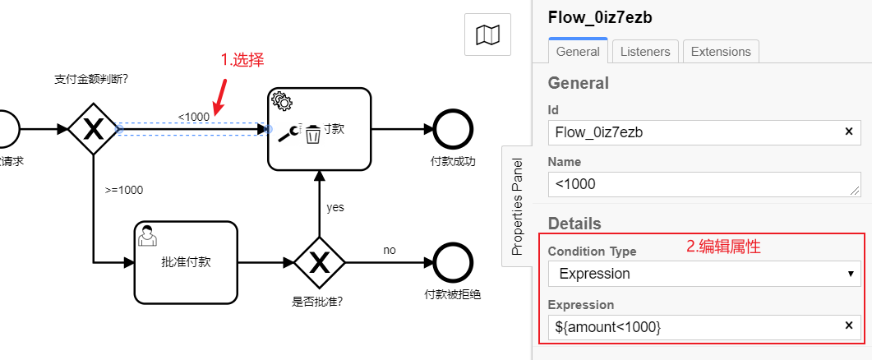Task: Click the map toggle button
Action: coord(487,35)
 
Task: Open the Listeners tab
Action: coord(645,51)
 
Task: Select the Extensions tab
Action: coord(720,51)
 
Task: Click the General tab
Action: coord(578,51)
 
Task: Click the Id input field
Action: coord(694,132)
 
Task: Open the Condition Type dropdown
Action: coord(704,274)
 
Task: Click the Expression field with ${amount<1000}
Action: coord(694,326)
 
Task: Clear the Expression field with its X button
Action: coord(849,326)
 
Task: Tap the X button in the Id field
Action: coord(849,132)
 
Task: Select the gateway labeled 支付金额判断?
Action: coord(94,129)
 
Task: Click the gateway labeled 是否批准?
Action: coord(318,262)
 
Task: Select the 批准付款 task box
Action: coord(186,262)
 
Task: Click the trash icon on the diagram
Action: coord(312,135)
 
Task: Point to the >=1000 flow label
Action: coord(124,190)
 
